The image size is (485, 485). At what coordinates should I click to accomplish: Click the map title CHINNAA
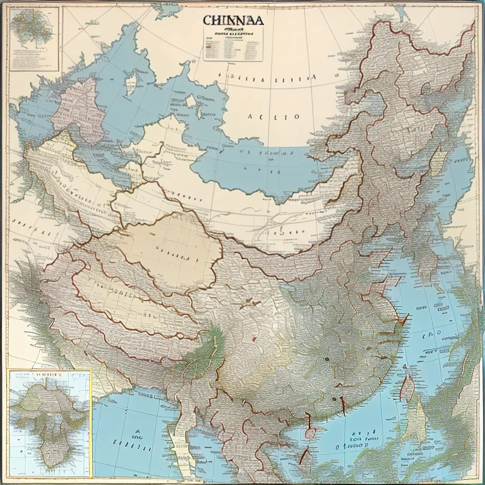click(234, 20)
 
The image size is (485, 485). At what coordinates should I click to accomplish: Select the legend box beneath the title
click(233, 45)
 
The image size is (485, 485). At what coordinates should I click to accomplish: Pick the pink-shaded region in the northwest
click(77, 104)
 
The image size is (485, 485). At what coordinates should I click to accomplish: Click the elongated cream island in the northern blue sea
click(131, 83)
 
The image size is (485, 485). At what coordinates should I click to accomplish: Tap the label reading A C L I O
click(273, 117)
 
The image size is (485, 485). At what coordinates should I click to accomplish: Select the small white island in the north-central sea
click(190, 100)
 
